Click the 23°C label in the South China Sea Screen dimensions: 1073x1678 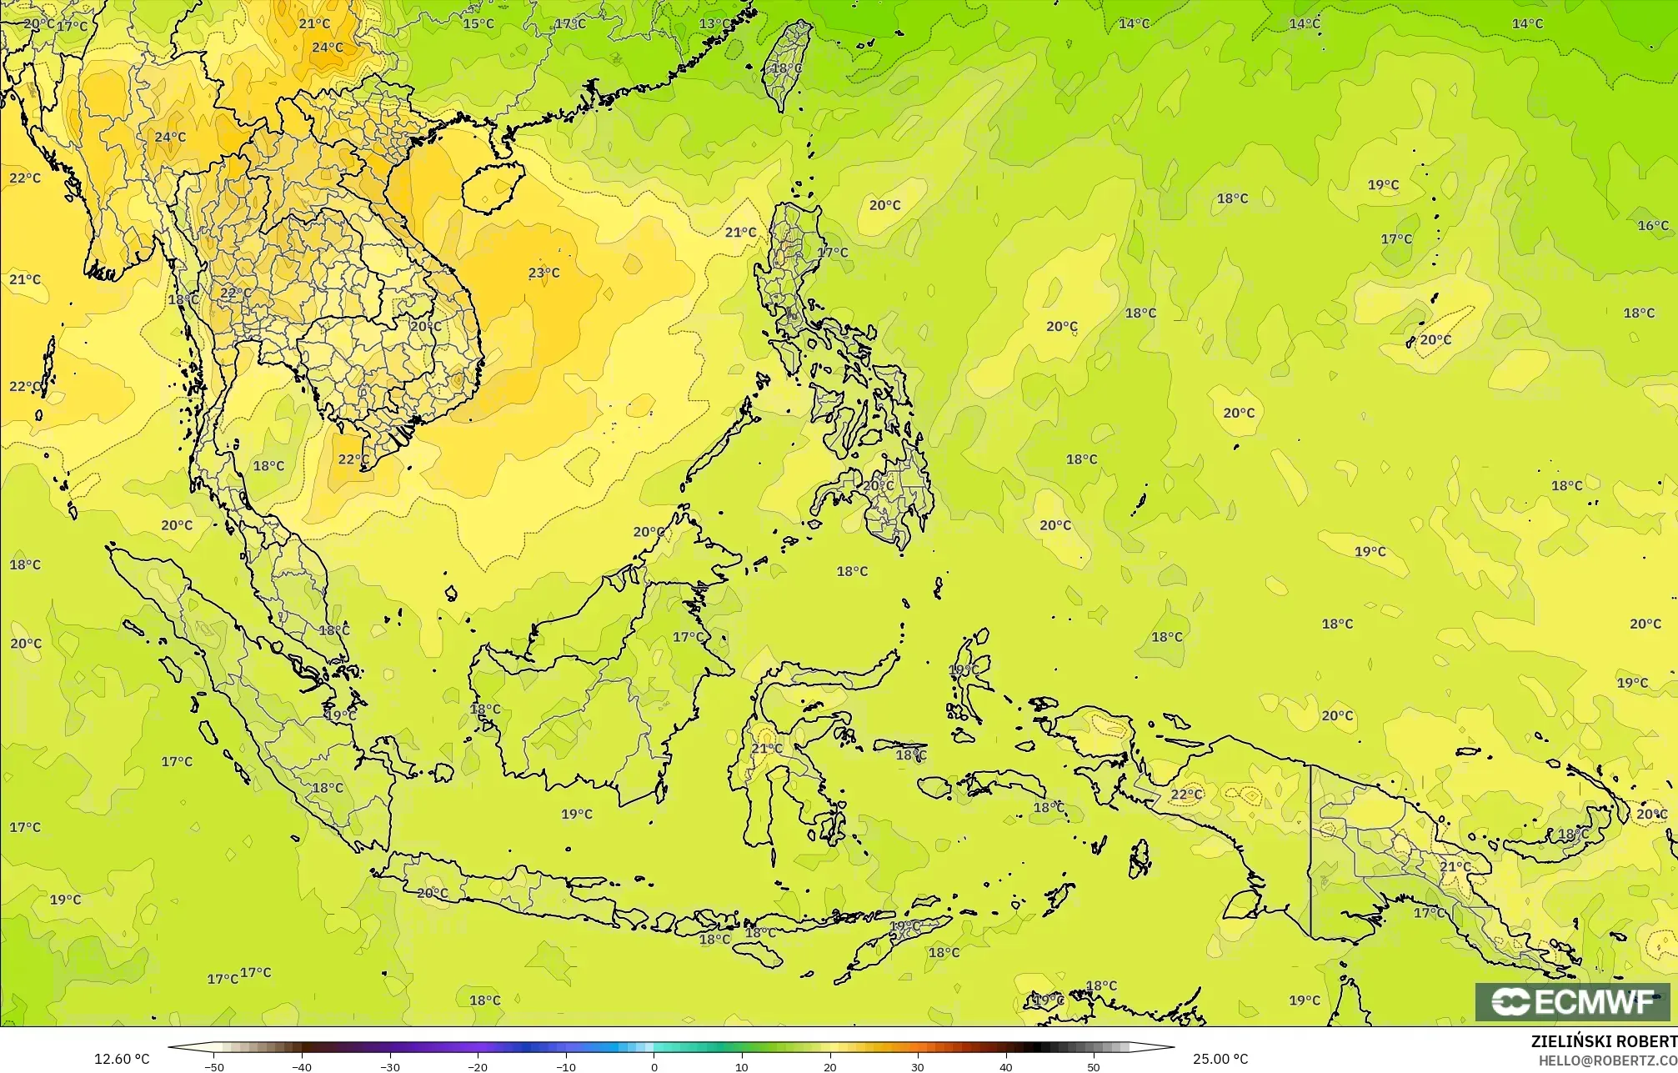pos(543,273)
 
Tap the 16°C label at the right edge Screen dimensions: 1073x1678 pos(1653,226)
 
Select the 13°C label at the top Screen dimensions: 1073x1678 pos(714,23)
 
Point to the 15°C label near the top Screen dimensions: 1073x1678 pos(478,23)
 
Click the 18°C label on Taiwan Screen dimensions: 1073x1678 pos(787,68)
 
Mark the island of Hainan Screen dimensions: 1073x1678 pos(493,186)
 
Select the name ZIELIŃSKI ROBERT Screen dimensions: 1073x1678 pos(1604,1041)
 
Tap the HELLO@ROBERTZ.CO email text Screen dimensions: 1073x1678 pos(1607,1060)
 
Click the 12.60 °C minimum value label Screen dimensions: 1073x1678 pos(122,1059)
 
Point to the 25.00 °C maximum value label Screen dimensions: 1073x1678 pos(1220,1059)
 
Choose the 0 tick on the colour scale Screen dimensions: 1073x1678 pos(654,1067)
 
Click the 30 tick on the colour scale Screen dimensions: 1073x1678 pos(918,1067)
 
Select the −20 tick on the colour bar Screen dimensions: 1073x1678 pos(477,1067)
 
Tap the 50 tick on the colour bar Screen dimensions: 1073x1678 pos(1094,1067)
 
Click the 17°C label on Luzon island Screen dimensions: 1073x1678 pos(832,253)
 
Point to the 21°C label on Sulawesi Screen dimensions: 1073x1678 pos(767,749)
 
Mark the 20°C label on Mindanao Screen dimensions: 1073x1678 pos(878,485)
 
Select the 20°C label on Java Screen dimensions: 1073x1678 pos(432,893)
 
